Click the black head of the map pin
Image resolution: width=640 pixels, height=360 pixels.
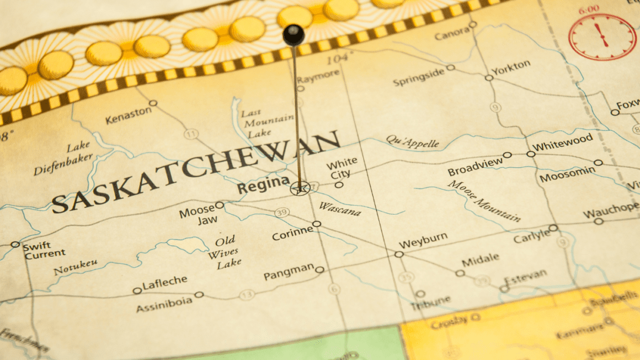coord(294,35)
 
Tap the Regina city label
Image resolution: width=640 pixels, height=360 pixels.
coord(263,185)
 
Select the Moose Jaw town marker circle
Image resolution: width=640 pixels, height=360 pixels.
coord(219,205)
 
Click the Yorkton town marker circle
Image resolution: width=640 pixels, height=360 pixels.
coord(489,78)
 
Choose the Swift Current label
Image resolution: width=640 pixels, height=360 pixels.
coord(44,250)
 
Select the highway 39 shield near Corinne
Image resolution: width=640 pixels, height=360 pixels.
coord(282,213)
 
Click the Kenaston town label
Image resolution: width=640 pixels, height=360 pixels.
coord(128,114)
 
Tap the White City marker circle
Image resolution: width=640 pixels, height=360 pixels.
coord(339,185)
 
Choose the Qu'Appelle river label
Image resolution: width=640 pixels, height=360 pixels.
coord(413,142)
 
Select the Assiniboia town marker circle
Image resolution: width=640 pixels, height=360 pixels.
coord(199,294)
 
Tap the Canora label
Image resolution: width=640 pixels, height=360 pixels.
coord(451,34)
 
